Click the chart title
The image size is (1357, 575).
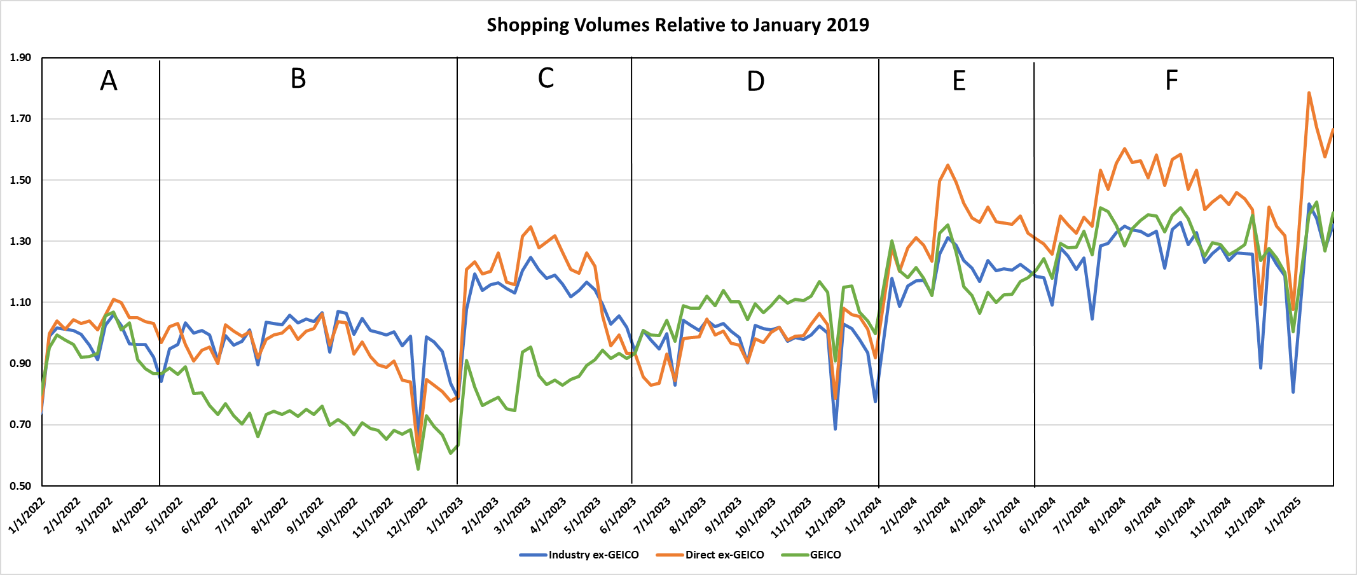click(x=678, y=25)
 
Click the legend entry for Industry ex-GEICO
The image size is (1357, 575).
click(x=579, y=555)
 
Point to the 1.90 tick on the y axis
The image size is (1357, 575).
click(x=20, y=58)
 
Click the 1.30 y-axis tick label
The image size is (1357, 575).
click(x=20, y=241)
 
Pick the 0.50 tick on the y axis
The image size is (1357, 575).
click(x=20, y=486)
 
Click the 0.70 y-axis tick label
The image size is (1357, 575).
click(x=20, y=425)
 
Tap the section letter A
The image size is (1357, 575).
click(x=109, y=81)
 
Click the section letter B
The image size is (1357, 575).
click(x=298, y=79)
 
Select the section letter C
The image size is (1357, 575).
click(x=546, y=78)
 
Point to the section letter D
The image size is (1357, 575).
click(x=755, y=81)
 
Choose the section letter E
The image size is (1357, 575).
click(x=959, y=81)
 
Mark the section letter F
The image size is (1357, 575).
click(x=1171, y=81)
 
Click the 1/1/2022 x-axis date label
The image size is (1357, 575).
click(x=27, y=516)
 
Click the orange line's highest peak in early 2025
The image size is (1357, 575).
click(x=1309, y=93)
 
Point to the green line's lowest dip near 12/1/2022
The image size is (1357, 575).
click(x=418, y=469)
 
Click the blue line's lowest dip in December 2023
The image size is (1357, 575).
click(x=835, y=429)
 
